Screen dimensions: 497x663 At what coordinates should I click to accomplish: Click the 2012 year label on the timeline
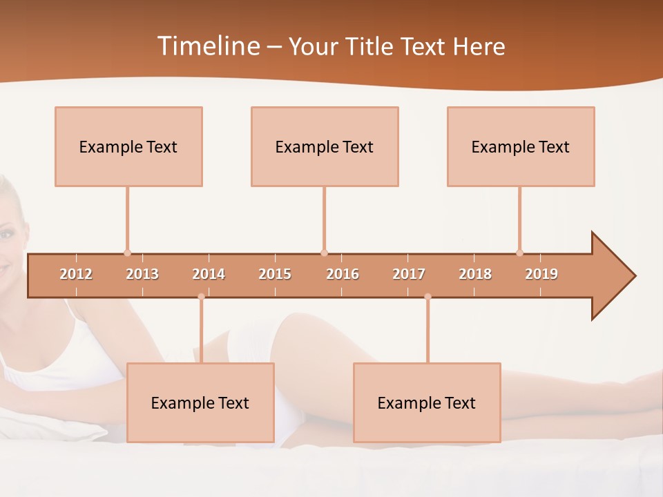[x=76, y=274]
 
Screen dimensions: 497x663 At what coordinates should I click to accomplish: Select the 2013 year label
[x=142, y=274]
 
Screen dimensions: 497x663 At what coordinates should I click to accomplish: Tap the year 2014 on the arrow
[x=209, y=274]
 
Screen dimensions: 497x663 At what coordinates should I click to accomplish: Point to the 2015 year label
[x=275, y=274]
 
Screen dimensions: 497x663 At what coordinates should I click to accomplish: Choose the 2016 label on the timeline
[x=343, y=274]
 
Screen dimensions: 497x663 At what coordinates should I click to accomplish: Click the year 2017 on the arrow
[x=409, y=274]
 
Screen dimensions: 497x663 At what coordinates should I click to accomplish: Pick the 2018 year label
[x=475, y=274]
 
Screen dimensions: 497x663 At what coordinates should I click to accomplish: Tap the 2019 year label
[x=541, y=274]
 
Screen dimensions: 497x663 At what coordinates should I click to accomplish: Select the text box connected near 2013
[x=128, y=146]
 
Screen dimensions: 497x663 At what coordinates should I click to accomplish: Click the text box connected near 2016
[x=325, y=146]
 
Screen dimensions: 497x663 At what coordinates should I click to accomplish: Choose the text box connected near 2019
[x=521, y=146]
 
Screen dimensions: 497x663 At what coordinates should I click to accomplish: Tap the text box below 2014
[x=200, y=402]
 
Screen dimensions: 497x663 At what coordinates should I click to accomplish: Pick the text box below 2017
[x=427, y=402]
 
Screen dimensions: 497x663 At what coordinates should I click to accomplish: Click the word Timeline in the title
[x=208, y=46]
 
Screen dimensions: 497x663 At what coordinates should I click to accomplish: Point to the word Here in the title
[x=479, y=46]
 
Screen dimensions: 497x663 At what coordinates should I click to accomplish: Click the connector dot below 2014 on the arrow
[x=201, y=297]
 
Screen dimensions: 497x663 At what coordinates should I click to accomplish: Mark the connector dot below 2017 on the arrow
[x=427, y=297]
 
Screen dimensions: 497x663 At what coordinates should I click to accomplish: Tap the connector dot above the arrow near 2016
[x=324, y=253]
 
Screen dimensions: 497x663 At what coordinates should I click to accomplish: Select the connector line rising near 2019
[x=519, y=218]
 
